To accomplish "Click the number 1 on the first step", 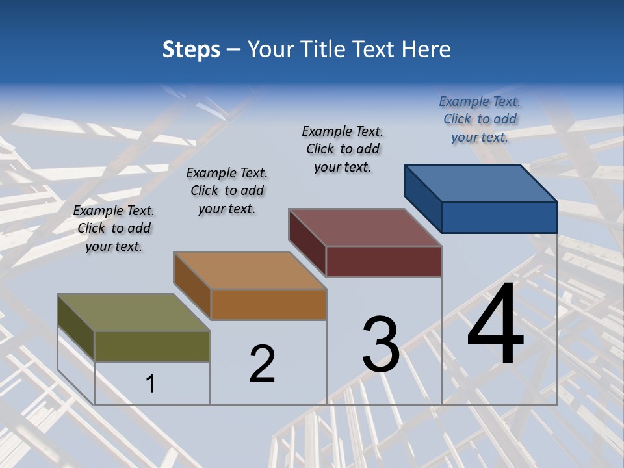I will click(151, 383).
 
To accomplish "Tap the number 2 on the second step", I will click(262, 363).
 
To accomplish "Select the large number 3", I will click(381, 344).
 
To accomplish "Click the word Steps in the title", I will click(191, 49).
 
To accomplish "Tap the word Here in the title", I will click(426, 49).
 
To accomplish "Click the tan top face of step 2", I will click(250, 270).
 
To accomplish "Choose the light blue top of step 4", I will click(481, 183).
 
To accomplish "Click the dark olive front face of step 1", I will click(152, 346).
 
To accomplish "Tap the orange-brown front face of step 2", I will click(268, 304).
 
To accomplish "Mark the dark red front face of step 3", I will click(383, 261).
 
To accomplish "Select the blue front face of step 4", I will click(499, 217).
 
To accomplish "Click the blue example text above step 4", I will click(480, 119).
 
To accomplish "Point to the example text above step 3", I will click(343, 149).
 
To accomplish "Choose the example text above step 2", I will click(227, 190).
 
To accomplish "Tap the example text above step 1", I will click(114, 228).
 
